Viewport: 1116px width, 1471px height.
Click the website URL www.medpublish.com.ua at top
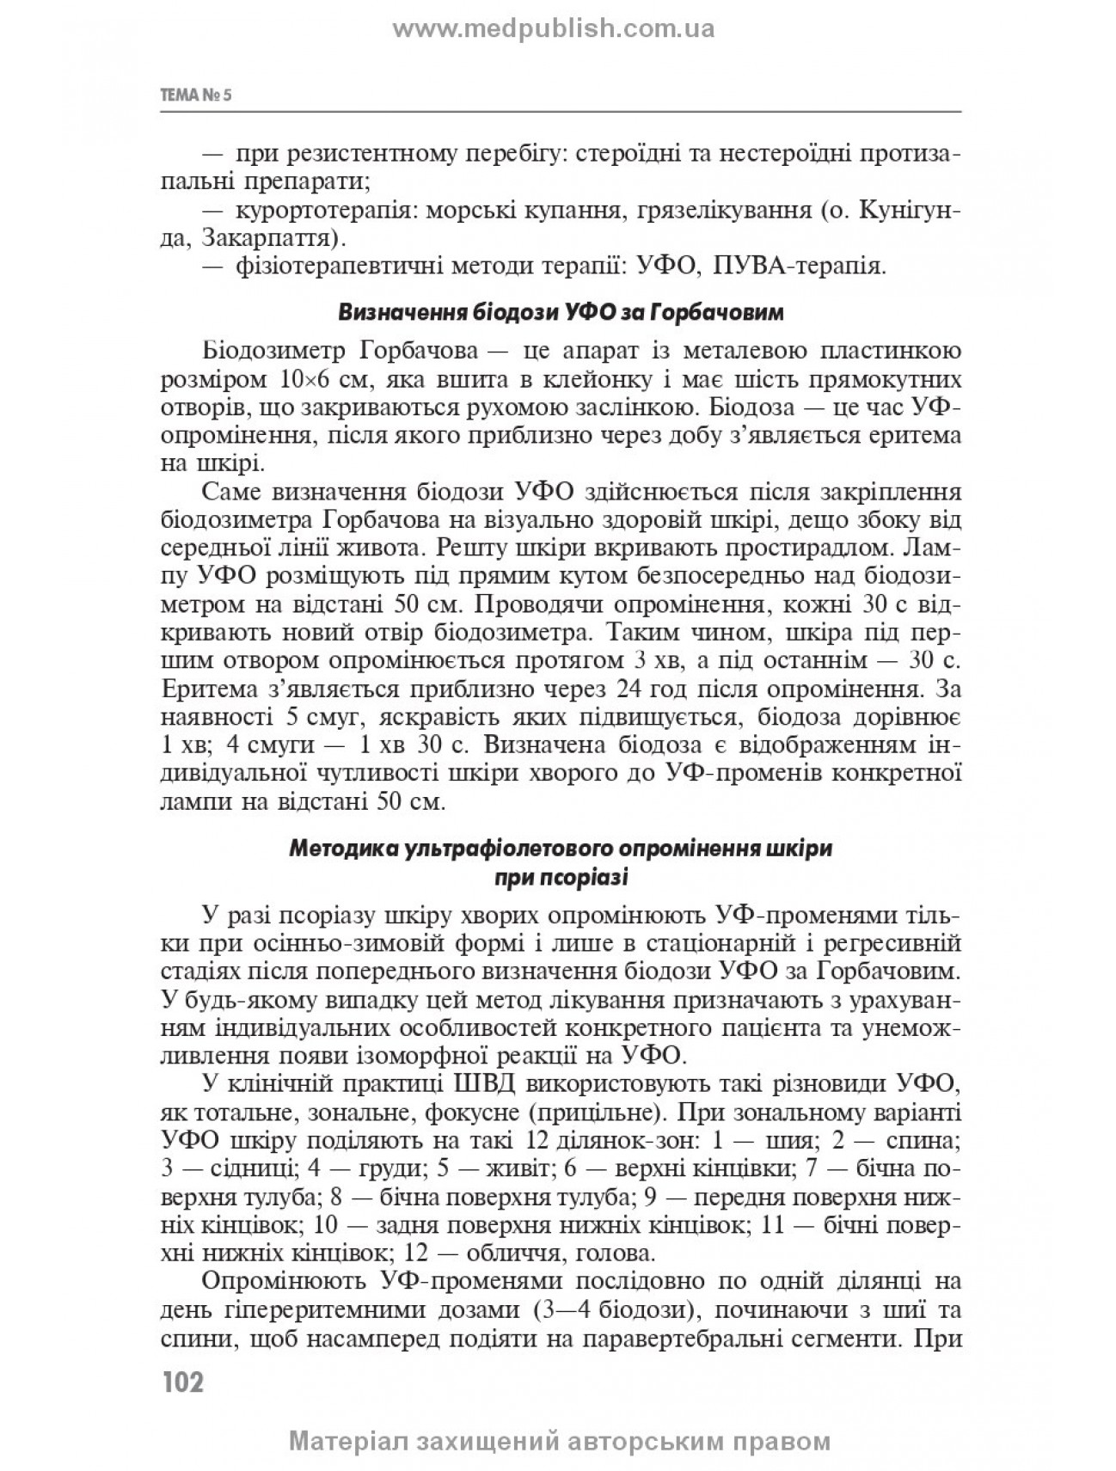click(x=555, y=30)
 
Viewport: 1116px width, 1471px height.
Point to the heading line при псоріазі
click(x=561, y=879)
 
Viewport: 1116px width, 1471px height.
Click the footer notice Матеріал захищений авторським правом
click(x=561, y=1442)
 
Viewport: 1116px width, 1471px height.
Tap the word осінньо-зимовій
click(x=334, y=944)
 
